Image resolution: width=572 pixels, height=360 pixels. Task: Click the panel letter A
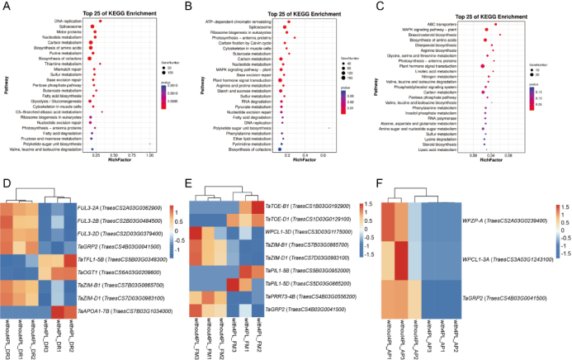point(5,6)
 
